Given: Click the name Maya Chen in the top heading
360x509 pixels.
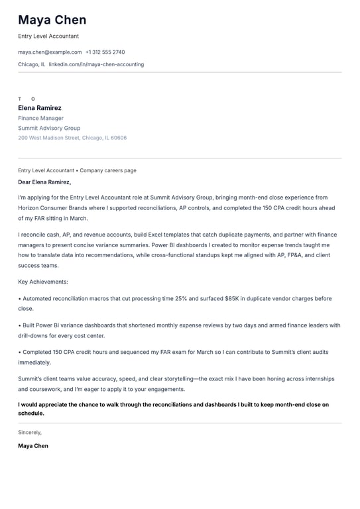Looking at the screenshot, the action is pyautogui.click(x=52, y=20).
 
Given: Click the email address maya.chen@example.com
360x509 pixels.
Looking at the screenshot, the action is pyautogui.click(x=50, y=52).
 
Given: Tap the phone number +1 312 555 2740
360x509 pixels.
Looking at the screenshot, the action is pyautogui.click(x=105, y=52).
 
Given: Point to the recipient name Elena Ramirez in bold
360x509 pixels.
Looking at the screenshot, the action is pyautogui.click(x=40, y=108).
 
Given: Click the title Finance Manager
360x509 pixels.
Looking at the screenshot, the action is pyautogui.click(x=41, y=118).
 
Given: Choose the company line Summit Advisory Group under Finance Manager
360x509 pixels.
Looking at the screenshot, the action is pyautogui.click(x=49, y=128).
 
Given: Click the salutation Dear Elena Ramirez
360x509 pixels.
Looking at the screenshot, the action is pyautogui.click(x=44, y=182).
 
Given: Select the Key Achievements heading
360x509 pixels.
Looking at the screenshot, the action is pyautogui.click(x=43, y=282).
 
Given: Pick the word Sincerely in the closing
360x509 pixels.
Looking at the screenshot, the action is pyautogui.click(x=30, y=431).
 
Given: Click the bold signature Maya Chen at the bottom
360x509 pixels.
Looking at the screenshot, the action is pyautogui.click(x=33, y=446).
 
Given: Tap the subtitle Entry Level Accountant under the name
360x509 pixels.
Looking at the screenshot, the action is pyautogui.click(x=48, y=36).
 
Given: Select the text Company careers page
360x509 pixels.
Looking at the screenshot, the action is pyautogui.click(x=108, y=170).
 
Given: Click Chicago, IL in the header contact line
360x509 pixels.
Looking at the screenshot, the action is pyautogui.click(x=32, y=64).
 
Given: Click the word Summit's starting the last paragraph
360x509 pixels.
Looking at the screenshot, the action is pyautogui.click(x=30, y=378).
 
